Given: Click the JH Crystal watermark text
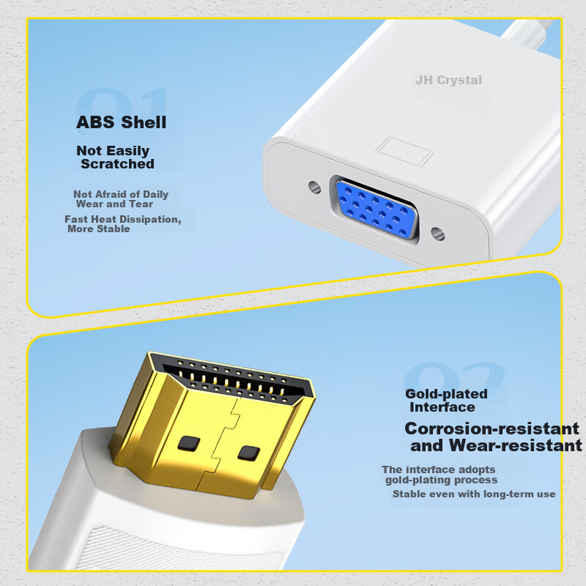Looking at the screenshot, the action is [448, 80].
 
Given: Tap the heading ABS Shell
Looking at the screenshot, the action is [122, 122].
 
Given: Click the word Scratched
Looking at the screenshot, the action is [117, 163].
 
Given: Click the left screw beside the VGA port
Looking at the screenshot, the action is [315, 187].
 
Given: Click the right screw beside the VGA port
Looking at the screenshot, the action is [437, 234].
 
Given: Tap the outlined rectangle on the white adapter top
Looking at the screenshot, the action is [405, 152].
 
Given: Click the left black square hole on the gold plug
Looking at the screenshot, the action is [189, 443].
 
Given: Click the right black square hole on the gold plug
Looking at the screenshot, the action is [249, 453].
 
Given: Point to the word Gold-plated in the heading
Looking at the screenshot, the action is [446, 394].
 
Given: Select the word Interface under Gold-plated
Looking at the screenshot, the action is [442, 407].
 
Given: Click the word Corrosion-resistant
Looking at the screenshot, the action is [492, 429].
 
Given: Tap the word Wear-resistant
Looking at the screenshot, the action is [516, 445].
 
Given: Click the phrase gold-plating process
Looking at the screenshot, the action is [442, 480].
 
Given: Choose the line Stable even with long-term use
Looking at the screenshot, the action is [474, 494].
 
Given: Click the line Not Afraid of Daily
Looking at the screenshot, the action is [121, 194].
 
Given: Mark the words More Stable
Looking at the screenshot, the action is [99, 229].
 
